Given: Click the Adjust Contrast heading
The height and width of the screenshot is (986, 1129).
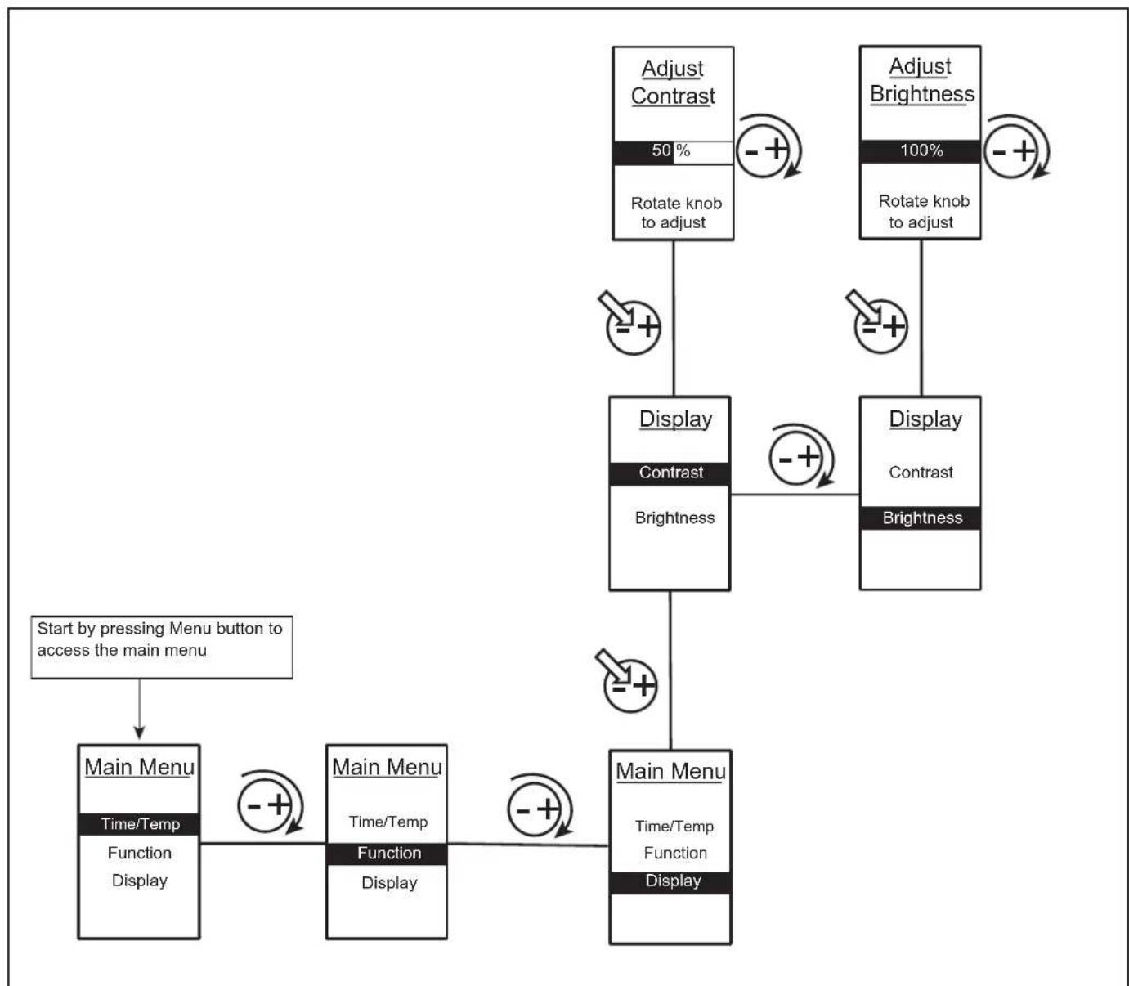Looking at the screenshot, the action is coord(673,83).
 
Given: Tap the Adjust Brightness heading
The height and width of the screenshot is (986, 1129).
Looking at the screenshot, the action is coord(921,81).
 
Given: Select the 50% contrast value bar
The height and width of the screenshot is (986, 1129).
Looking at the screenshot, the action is coord(673,152).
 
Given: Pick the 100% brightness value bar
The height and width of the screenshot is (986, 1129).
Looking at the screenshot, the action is coord(921,150).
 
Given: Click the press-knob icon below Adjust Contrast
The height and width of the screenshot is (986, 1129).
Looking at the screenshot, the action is coord(630,323).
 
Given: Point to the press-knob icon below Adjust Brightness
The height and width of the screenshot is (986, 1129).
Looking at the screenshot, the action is coord(877,321).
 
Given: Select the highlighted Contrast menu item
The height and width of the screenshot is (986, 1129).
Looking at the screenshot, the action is coord(670,473).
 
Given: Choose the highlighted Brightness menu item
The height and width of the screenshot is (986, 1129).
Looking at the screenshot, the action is coord(921,518).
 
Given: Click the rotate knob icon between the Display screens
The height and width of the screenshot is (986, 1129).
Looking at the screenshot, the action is coord(801,455).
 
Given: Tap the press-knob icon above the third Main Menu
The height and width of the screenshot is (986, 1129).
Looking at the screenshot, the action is coord(627,681).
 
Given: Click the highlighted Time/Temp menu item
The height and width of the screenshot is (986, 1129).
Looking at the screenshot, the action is coord(139,824).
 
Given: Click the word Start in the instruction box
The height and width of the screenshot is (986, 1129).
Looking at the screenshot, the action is coord(55,629).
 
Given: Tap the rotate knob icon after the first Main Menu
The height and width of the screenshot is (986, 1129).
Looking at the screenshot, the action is coord(270,802).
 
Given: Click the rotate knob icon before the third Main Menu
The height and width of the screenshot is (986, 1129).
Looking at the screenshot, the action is coord(540,805).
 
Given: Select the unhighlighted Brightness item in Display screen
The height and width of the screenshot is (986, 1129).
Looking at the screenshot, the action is coord(674,518).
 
